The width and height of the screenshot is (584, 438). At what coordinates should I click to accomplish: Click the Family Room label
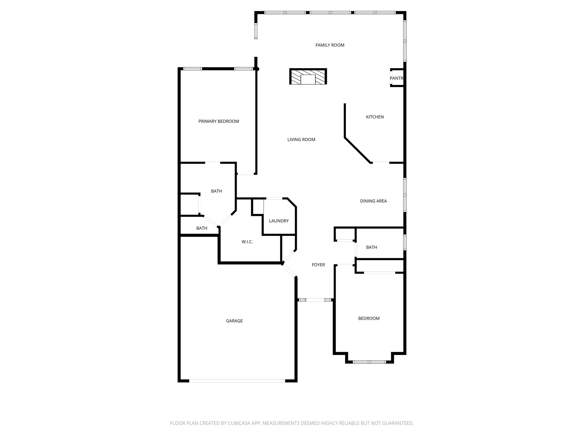click(x=330, y=45)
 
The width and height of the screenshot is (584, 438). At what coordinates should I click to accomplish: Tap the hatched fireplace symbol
click(x=308, y=76)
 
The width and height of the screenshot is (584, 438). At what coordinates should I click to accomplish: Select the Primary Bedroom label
click(x=218, y=121)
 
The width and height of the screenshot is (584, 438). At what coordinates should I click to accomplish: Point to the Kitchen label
click(x=375, y=117)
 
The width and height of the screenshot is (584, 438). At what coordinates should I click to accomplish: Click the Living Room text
click(x=301, y=139)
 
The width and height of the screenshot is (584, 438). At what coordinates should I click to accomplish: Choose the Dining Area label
click(x=373, y=201)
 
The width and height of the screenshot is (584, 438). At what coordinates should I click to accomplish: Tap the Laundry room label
click(x=279, y=221)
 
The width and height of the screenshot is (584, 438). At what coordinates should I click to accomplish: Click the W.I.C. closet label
click(x=247, y=242)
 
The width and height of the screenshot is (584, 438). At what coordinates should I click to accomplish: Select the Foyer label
click(x=318, y=265)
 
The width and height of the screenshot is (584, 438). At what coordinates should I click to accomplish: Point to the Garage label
click(x=234, y=321)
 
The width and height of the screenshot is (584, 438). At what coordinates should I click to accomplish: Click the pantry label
click(x=396, y=78)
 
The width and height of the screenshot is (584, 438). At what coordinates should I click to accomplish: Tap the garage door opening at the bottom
click(x=237, y=381)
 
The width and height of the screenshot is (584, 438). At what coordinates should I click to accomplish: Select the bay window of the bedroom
click(x=369, y=362)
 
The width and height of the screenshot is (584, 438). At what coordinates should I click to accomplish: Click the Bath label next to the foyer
click(x=372, y=247)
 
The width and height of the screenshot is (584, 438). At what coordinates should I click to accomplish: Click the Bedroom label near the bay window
click(x=369, y=318)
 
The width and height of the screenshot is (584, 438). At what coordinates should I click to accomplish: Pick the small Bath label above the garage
click(x=202, y=228)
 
